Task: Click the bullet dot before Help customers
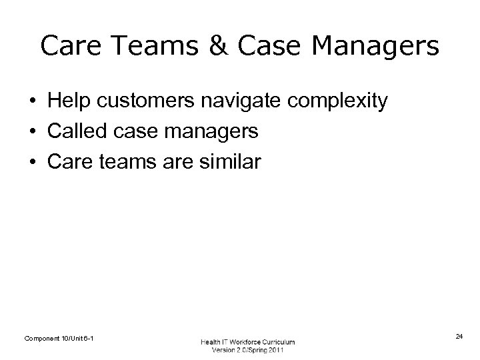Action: coord(32,102)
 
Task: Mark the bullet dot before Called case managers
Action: coord(32,132)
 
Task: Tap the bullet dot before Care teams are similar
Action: coord(32,162)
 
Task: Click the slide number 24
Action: coord(459,337)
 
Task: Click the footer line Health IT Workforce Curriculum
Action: coord(247,342)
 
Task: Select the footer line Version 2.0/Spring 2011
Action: coord(247,351)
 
